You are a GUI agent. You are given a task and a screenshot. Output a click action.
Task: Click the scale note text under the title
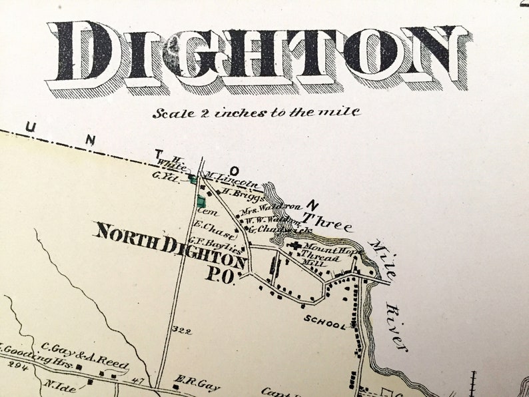(x=256, y=112)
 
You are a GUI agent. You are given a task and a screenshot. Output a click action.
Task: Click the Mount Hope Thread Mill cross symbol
(x=294, y=246)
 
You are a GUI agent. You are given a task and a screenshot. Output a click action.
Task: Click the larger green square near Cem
(x=201, y=200)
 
